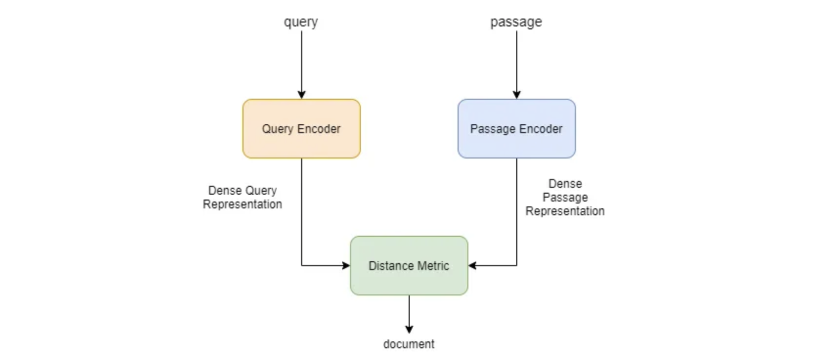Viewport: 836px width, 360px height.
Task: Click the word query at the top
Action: [301, 22]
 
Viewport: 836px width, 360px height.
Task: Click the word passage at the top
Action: [516, 22]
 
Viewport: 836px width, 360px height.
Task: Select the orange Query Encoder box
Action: [302, 129]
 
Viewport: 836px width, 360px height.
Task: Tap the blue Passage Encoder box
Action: [517, 129]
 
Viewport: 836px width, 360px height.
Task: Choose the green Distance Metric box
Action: [409, 266]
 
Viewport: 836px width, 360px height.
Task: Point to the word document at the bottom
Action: [409, 344]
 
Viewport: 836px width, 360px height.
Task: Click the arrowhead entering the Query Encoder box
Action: [302, 95]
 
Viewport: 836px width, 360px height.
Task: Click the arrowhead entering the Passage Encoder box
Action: [517, 95]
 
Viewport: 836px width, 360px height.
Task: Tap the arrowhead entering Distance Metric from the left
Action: [346, 266]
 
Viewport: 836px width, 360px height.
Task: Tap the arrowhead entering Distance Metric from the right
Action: [472, 266]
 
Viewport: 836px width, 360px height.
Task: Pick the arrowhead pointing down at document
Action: [409, 329]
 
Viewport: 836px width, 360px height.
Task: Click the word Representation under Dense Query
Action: [242, 204]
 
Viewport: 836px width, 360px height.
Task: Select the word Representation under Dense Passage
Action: [565, 211]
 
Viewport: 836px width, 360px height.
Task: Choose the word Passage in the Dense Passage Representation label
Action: [565, 198]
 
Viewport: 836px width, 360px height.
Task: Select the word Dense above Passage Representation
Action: [565, 184]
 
